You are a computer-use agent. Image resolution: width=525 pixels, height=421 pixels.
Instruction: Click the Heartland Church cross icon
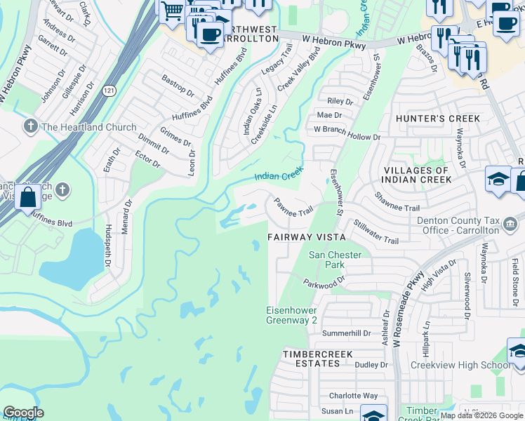[x=30, y=127]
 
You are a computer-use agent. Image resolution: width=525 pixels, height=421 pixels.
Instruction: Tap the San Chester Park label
[x=335, y=260]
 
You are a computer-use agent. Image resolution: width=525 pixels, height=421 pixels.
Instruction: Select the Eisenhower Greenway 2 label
[x=291, y=315]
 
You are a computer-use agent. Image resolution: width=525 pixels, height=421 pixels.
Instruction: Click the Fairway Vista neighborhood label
[x=305, y=238]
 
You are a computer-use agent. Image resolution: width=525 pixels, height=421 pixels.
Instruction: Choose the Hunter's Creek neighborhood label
[x=438, y=119]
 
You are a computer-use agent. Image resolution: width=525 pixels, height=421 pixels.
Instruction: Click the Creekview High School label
[x=460, y=365]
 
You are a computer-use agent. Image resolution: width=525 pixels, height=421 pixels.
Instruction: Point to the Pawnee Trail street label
[x=293, y=207]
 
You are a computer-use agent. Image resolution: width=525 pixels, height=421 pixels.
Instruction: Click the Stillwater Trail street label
[x=376, y=231]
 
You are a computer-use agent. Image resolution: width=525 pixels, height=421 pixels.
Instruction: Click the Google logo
[x=23, y=413]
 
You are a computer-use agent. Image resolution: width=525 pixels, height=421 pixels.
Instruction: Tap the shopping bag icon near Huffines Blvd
[x=28, y=198]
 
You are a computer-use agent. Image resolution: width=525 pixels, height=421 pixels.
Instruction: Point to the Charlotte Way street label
[x=354, y=396]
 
